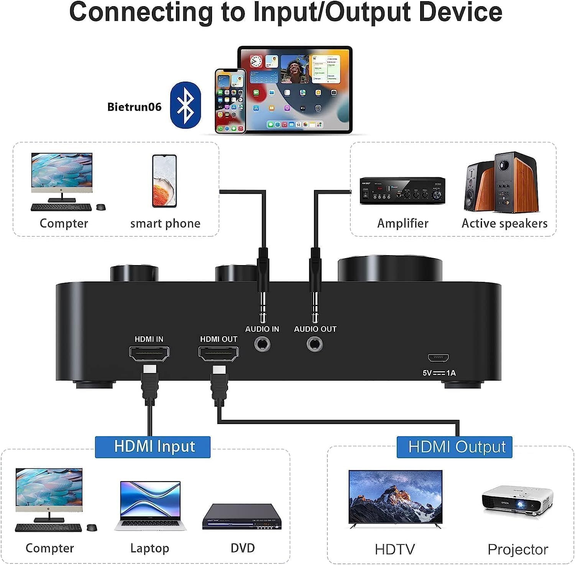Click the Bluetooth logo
pyautogui.click(x=186, y=105)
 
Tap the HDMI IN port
pyautogui.click(x=149, y=353)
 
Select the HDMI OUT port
pyautogui.click(x=218, y=353)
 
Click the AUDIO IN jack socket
pyautogui.click(x=262, y=344)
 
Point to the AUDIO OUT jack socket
pyautogui.click(x=315, y=344)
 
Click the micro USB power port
pyautogui.click(x=438, y=358)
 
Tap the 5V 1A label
pyautogui.click(x=439, y=373)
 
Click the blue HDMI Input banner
pyautogui.click(x=153, y=447)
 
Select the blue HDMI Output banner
pyautogui.click(x=454, y=447)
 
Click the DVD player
pyautogui.click(x=242, y=518)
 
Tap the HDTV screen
pyautogui.click(x=395, y=497)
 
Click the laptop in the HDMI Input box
pyautogui.click(x=150, y=505)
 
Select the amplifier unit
pyautogui.click(x=402, y=190)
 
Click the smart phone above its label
pyautogui.click(x=164, y=181)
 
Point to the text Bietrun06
pyautogui.click(x=134, y=107)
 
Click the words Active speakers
pyautogui.click(x=504, y=223)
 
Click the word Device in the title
pyautogui.click(x=460, y=12)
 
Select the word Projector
pyautogui.click(x=517, y=550)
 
